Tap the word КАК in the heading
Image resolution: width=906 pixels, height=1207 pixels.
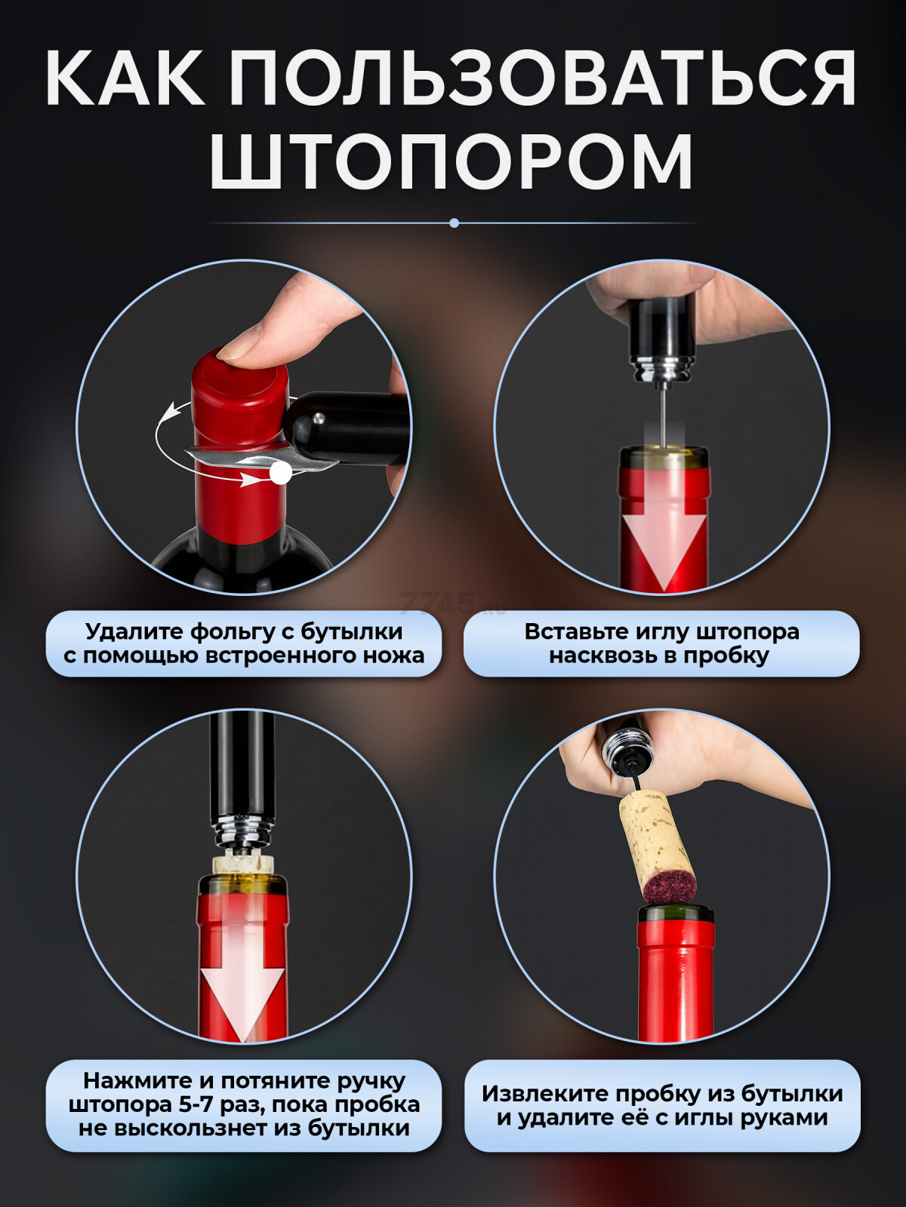(x=125, y=77)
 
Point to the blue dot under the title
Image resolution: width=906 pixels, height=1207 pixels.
(x=454, y=223)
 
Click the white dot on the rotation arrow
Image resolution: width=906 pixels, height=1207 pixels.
(x=281, y=471)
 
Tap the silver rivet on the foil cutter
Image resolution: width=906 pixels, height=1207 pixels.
(x=317, y=419)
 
